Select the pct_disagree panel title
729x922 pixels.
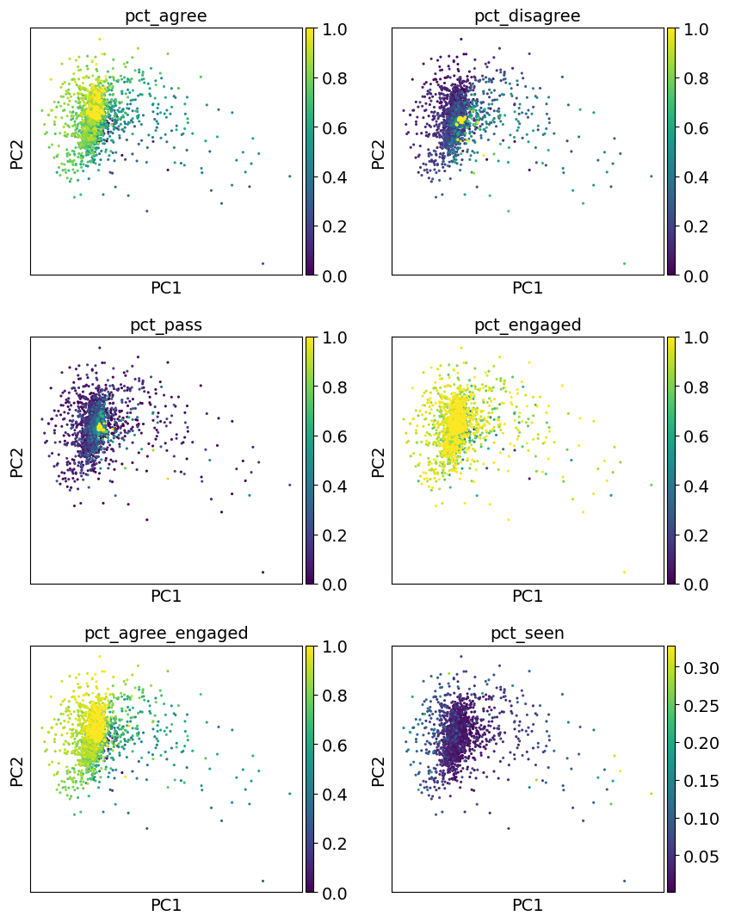[528, 16]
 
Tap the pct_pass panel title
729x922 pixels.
[166, 325]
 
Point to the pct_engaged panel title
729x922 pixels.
[528, 325]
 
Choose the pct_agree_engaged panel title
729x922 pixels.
[166, 633]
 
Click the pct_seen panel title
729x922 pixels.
[528, 633]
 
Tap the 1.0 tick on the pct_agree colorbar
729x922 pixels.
[335, 28]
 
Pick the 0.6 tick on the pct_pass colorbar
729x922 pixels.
[335, 436]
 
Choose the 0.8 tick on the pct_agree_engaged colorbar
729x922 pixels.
[335, 696]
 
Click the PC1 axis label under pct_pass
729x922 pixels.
[166, 596]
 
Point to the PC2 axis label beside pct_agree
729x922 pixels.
[18, 152]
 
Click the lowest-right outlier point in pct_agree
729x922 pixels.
[263, 263]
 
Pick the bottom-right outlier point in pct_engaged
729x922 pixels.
[624, 572]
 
